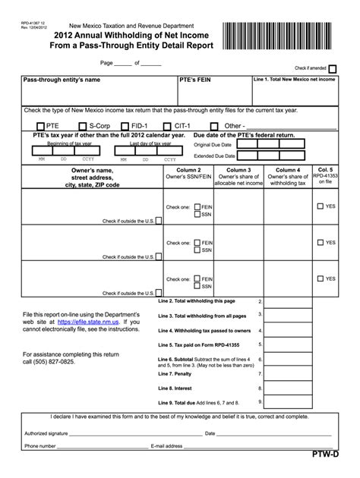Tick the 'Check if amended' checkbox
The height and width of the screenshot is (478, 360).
332,68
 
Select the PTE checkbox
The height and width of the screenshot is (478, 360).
40,126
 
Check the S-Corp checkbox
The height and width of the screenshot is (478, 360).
83,126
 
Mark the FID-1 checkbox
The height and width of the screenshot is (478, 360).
125,126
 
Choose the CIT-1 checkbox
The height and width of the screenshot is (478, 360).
168,126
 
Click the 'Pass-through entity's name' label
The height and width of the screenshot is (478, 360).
62,79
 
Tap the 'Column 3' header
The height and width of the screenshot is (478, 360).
238,170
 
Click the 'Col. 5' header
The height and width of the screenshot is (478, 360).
325,170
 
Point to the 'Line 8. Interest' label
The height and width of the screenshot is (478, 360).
175,387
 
